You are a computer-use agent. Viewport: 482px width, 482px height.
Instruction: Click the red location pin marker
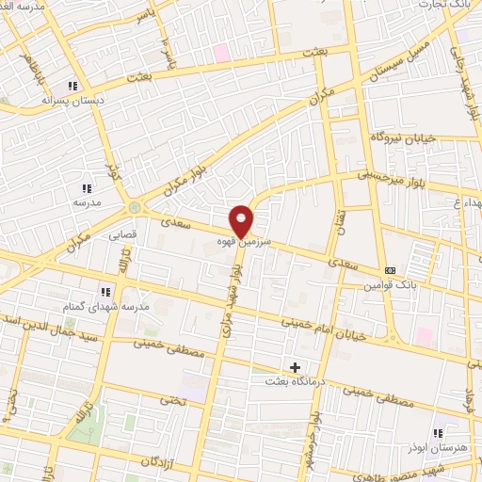pos(241,220)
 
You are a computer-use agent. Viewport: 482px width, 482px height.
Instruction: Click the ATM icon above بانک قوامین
pos(391,270)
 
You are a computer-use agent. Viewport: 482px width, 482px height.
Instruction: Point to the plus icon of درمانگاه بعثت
pos(295,366)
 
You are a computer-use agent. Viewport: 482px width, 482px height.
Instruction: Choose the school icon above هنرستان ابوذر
pos(439,432)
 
